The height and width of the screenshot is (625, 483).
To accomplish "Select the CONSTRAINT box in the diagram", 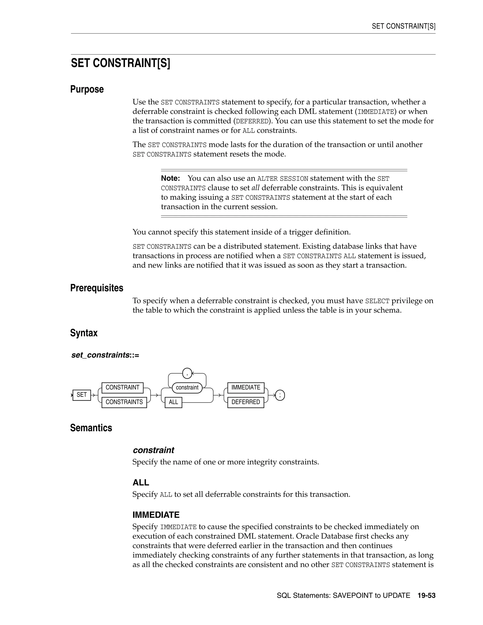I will pyautogui.click(x=122, y=387).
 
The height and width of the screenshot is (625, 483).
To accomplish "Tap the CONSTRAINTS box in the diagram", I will pyautogui.click(x=124, y=402).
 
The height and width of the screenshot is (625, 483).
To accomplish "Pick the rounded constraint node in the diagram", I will pyautogui.click(x=187, y=387).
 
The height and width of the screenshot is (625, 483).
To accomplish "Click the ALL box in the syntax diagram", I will pyautogui.click(x=173, y=402).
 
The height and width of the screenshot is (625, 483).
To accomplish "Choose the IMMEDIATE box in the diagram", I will pyautogui.click(x=246, y=387).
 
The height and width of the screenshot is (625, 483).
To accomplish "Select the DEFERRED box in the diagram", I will pyautogui.click(x=246, y=402).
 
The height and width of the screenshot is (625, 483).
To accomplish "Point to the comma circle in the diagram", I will pyautogui.click(x=187, y=373).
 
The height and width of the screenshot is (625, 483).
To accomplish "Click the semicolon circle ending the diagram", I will pyautogui.click(x=280, y=396).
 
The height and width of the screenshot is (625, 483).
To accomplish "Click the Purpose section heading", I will pyautogui.click(x=87, y=89).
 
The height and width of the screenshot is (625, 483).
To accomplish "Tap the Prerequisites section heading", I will pyautogui.click(x=97, y=288).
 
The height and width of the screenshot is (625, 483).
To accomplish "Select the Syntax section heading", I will pyautogui.click(x=84, y=333).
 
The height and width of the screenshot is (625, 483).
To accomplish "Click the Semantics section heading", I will pyautogui.click(x=91, y=428).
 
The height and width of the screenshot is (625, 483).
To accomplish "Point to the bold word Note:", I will pyautogui.click(x=171, y=178).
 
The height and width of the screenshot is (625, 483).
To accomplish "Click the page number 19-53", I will pyautogui.click(x=426, y=596).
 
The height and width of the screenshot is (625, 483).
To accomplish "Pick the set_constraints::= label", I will pyautogui.click(x=105, y=355).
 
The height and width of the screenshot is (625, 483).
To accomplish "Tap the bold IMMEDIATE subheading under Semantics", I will pyautogui.click(x=156, y=515).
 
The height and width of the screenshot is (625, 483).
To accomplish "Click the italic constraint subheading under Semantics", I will pyautogui.click(x=153, y=450).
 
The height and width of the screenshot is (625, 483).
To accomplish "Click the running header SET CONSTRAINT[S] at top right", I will pyautogui.click(x=404, y=26).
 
